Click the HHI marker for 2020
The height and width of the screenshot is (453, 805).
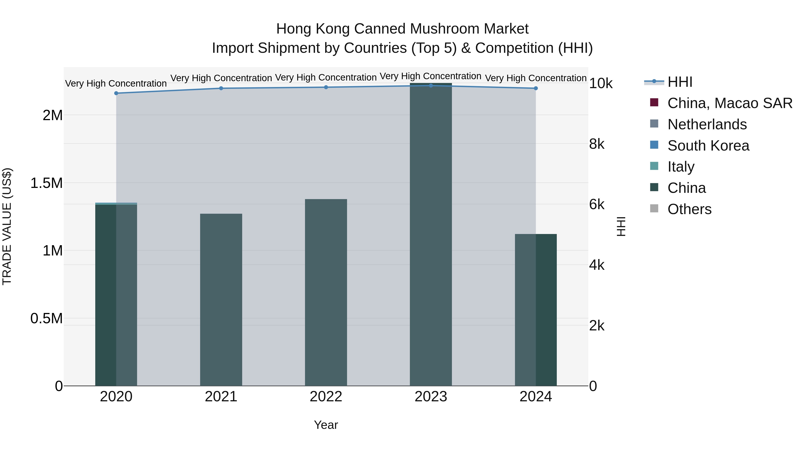116,93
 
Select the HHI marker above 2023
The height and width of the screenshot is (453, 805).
431,85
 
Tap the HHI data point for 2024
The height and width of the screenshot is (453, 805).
536,88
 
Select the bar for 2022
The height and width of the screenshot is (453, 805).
326,292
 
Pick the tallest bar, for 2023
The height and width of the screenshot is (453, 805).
431,234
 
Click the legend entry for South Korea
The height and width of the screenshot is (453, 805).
708,145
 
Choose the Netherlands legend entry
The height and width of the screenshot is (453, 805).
707,124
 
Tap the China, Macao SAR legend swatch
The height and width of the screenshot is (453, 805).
654,102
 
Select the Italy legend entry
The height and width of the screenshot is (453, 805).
681,167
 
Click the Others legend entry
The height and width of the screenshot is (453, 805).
689,209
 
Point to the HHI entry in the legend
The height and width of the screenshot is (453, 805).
680,82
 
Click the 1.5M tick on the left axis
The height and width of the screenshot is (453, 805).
46,183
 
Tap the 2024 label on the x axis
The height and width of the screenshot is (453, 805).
536,397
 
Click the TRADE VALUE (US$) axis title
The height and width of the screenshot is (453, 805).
7,226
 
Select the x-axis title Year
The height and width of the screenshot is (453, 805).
326,425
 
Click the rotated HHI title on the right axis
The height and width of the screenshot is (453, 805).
621,226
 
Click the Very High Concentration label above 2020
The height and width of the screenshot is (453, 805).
116,83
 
